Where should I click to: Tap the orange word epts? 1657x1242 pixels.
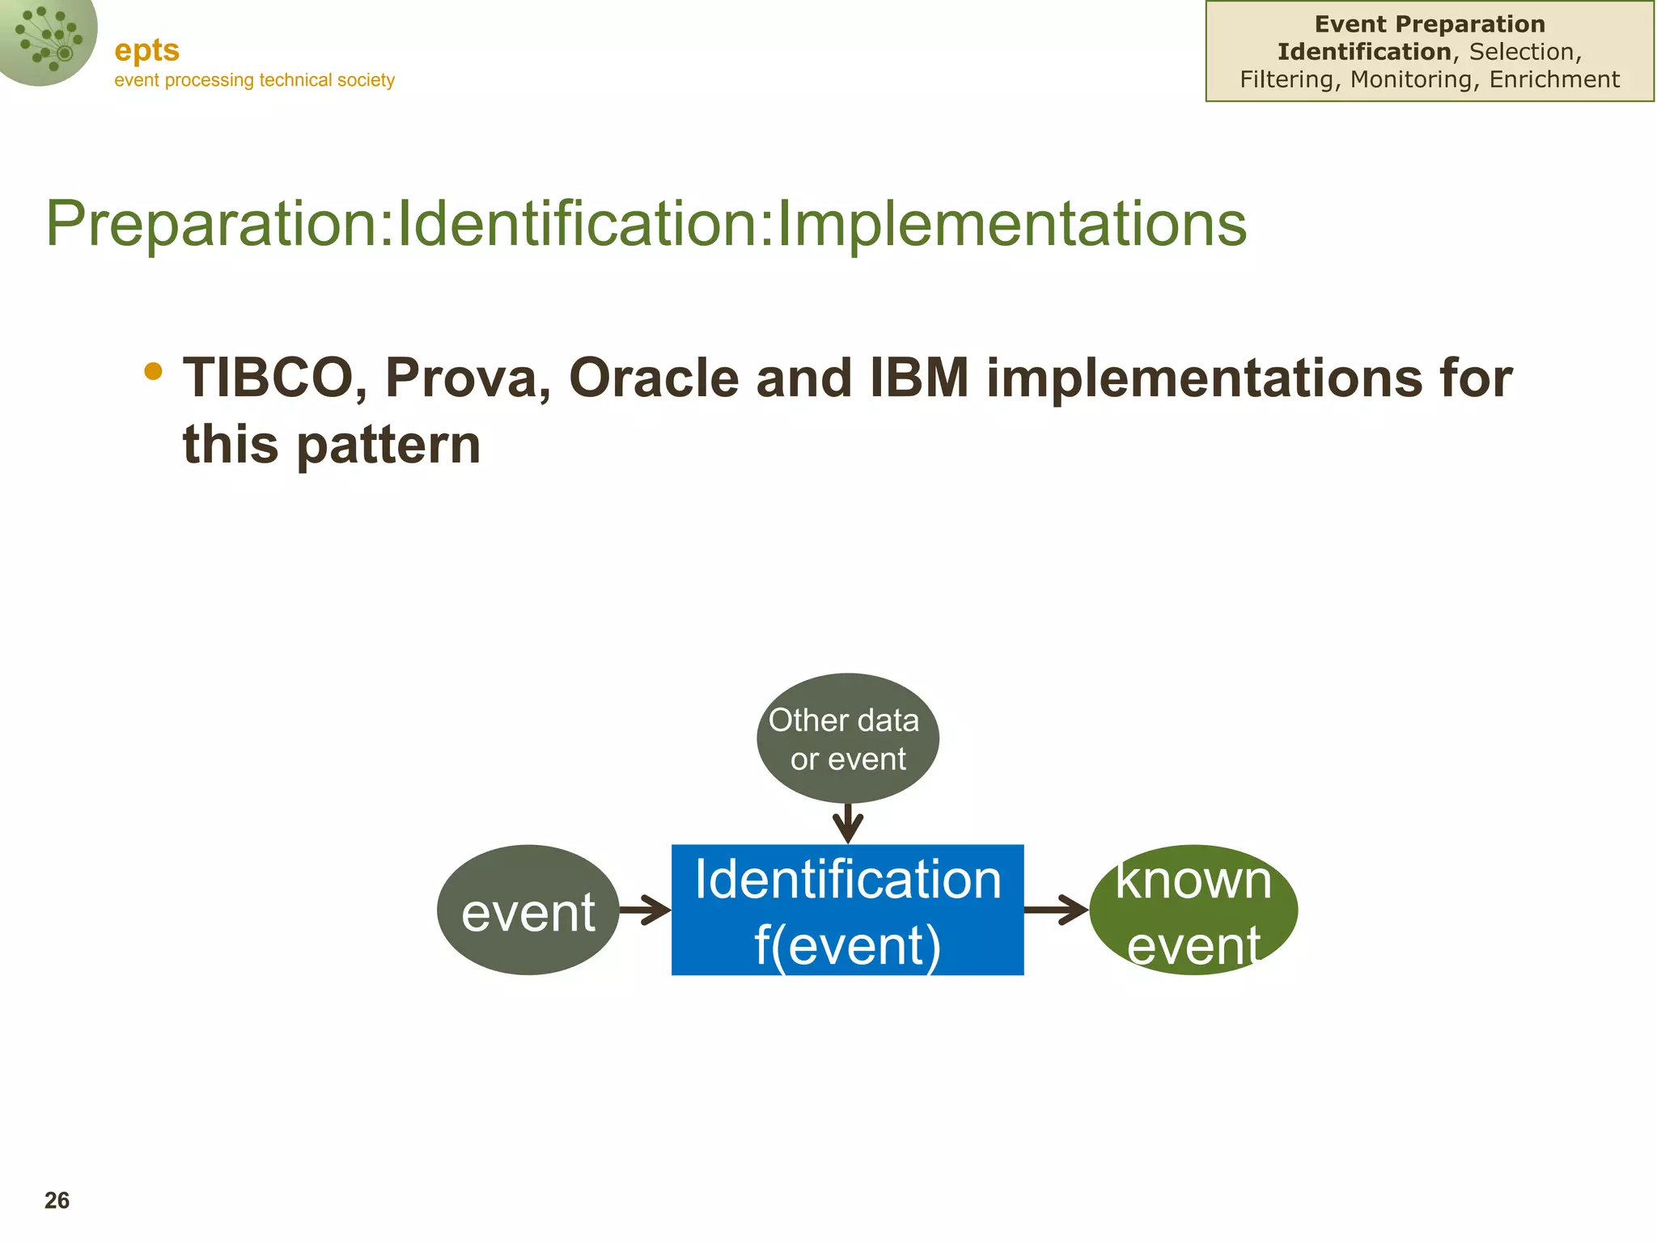146,51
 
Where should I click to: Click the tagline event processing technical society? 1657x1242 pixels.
254,80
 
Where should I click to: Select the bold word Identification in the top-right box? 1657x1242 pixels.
1364,52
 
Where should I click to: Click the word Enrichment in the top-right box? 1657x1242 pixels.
1554,79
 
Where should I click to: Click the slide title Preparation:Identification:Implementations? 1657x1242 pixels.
646,223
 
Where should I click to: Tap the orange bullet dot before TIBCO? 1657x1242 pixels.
153,371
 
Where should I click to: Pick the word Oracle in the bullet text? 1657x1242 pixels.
654,378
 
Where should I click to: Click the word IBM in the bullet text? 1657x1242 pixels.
919,378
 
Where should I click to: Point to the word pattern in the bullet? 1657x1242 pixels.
388,446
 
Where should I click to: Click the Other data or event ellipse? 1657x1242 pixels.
847,738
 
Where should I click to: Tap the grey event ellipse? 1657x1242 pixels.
528,910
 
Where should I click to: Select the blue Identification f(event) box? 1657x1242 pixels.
847,910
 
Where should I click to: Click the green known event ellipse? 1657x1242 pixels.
1193,910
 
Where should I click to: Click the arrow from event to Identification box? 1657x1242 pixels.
645,910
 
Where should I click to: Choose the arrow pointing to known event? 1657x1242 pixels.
1056,910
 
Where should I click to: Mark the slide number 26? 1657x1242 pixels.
57,1201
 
